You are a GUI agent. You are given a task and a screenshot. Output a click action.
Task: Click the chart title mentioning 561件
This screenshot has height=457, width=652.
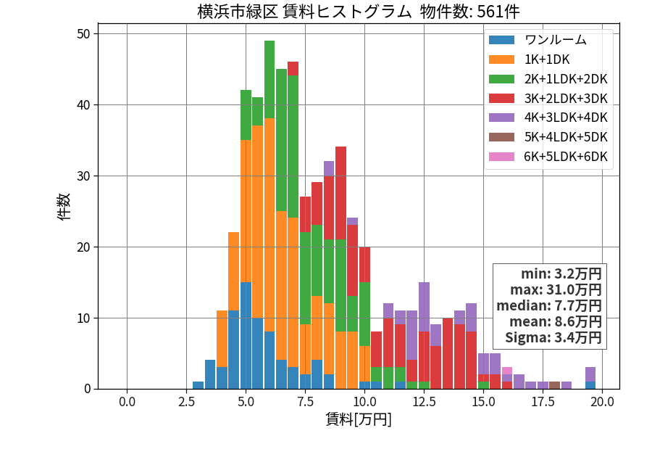(x=359, y=11)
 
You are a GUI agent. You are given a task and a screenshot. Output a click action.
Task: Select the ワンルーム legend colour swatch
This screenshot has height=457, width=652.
(x=501, y=40)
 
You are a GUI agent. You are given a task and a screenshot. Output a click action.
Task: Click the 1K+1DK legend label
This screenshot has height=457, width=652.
(x=547, y=59)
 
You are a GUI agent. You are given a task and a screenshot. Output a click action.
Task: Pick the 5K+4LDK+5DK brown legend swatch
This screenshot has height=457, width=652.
(x=501, y=137)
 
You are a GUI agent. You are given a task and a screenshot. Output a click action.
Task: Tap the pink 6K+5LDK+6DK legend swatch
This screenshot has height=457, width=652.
(x=501, y=157)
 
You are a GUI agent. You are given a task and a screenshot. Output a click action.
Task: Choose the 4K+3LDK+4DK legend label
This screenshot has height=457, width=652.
(x=566, y=118)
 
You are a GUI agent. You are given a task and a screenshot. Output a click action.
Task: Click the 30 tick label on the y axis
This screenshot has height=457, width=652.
(x=83, y=176)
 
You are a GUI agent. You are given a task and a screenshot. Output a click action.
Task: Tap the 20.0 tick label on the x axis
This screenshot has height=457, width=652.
(x=602, y=402)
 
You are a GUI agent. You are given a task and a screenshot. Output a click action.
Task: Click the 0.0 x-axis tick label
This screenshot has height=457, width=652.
(x=127, y=402)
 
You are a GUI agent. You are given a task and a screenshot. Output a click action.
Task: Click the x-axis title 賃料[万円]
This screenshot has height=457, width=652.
(x=359, y=419)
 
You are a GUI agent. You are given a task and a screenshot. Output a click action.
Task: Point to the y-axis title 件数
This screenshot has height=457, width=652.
(x=64, y=207)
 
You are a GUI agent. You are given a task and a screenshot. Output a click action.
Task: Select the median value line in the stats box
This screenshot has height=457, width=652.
(x=549, y=305)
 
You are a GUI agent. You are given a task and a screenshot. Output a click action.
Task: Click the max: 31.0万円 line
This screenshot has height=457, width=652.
(x=556, y=289)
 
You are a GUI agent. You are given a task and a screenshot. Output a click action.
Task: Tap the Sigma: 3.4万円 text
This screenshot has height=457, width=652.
(x=553, y=337)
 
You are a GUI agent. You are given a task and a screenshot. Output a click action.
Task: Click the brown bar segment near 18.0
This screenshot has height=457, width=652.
(x=554, y=385)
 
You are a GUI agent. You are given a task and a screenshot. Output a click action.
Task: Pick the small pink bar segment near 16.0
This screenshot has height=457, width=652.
(x=507, y=371)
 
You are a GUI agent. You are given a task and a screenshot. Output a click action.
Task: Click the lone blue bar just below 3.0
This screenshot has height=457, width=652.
(x=198, y=385)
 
